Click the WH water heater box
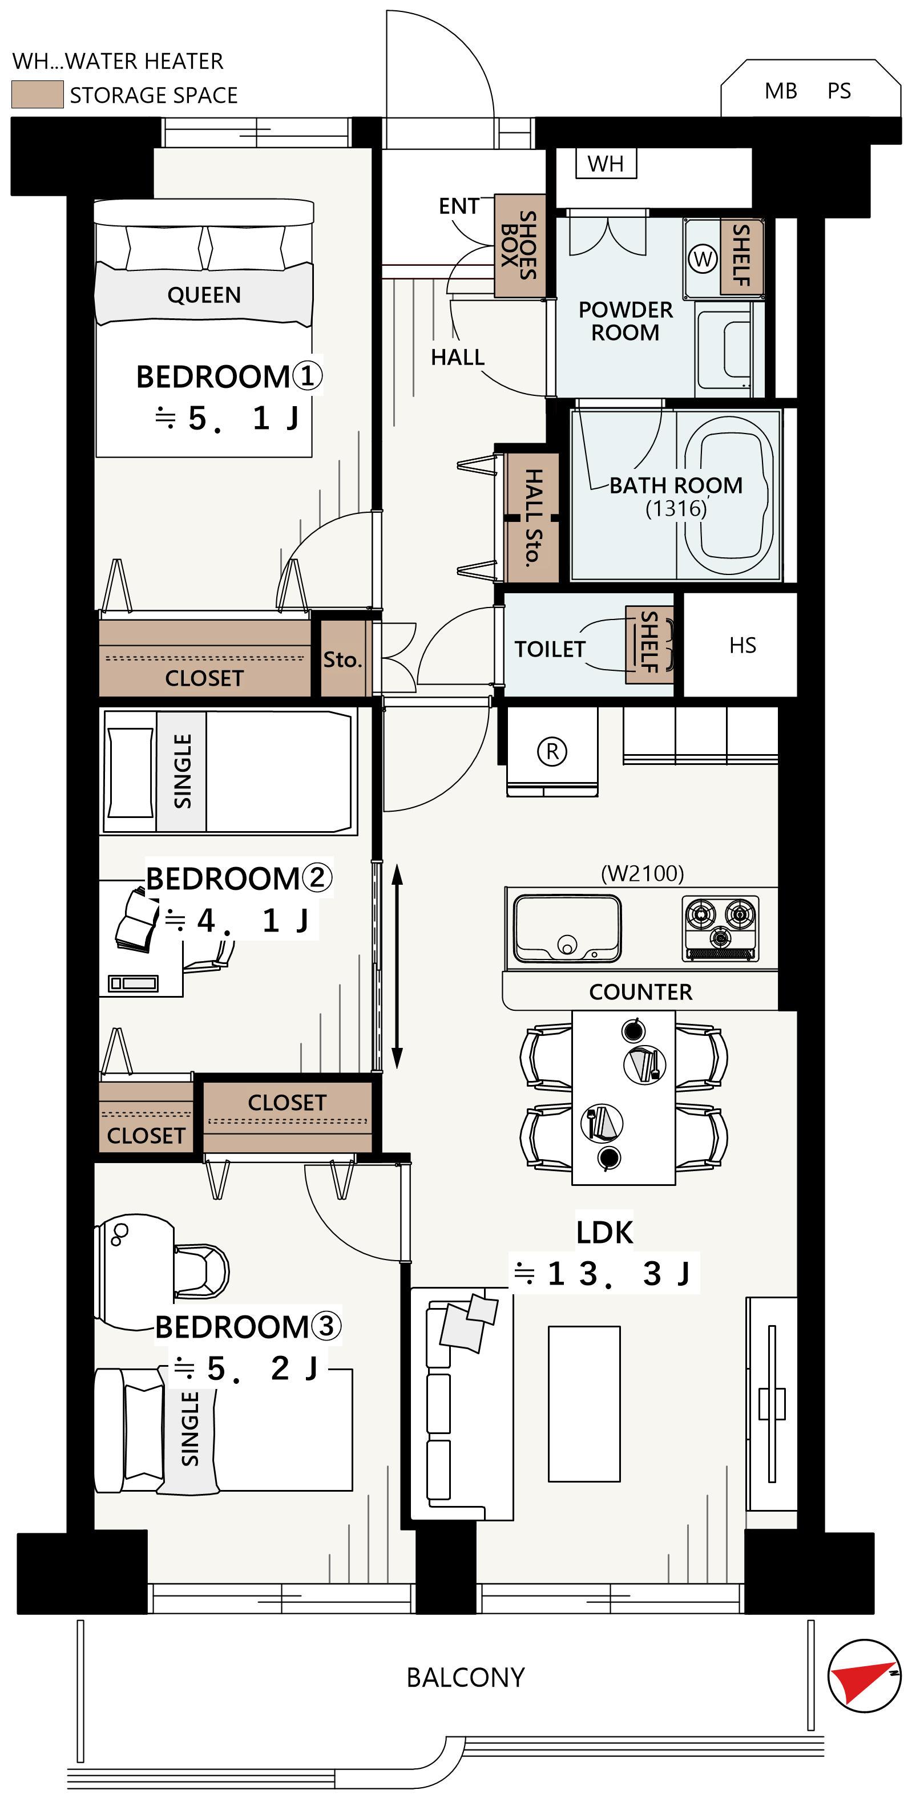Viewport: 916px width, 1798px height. point(606,163)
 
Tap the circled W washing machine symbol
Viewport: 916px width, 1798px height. point(703,259)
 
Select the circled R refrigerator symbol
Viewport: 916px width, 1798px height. point(552,752)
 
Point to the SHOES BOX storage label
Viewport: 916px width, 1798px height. point(519,246)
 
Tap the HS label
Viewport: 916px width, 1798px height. point(742,645)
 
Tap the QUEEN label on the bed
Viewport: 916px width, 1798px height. point(204,294)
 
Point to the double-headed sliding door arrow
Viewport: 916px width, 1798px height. point(397,967)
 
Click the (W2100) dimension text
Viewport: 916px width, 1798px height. point(642,873)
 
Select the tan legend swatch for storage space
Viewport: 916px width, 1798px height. point(38,94)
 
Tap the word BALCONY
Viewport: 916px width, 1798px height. point(466,1677)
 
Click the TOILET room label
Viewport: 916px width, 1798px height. point(550,649)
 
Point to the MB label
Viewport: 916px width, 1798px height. point(781,91)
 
